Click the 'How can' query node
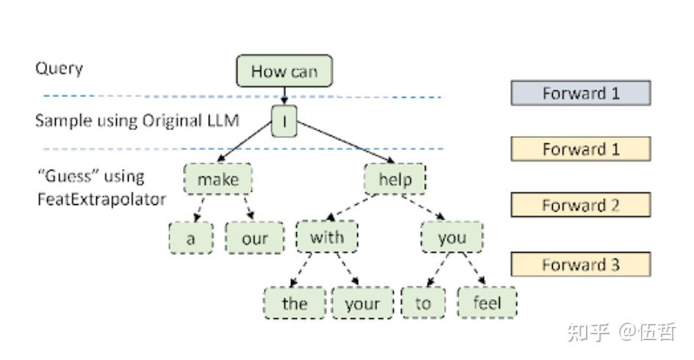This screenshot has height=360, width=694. (x=284, y=71)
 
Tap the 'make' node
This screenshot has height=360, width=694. (x=217, y=179)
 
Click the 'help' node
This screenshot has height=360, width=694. (x=396, y=179)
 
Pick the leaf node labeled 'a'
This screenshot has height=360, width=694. (x=190, y=238)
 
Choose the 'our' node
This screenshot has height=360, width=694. (x=254, y=238)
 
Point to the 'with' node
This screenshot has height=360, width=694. (x=326, y=237)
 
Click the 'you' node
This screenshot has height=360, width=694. (x=452, y=237)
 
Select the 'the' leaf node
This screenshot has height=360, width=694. (x=295, y=303)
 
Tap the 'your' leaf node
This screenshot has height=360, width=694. (x=362, y=303)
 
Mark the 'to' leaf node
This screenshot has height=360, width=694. (x=423, y=303)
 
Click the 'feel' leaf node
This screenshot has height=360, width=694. (x=487, y=303)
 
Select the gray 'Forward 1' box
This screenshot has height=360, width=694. (x=581, y=93)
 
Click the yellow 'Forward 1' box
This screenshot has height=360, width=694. (x=581, y=149)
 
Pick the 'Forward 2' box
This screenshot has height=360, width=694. (x=581, y=205)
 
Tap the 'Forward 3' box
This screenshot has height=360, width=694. (x=581, y=264)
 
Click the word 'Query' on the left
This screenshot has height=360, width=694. (x=59, y=69)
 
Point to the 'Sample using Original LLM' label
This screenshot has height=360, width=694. (x=137, y=120)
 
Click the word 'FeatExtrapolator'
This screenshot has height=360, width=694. (x=101, y=198)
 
